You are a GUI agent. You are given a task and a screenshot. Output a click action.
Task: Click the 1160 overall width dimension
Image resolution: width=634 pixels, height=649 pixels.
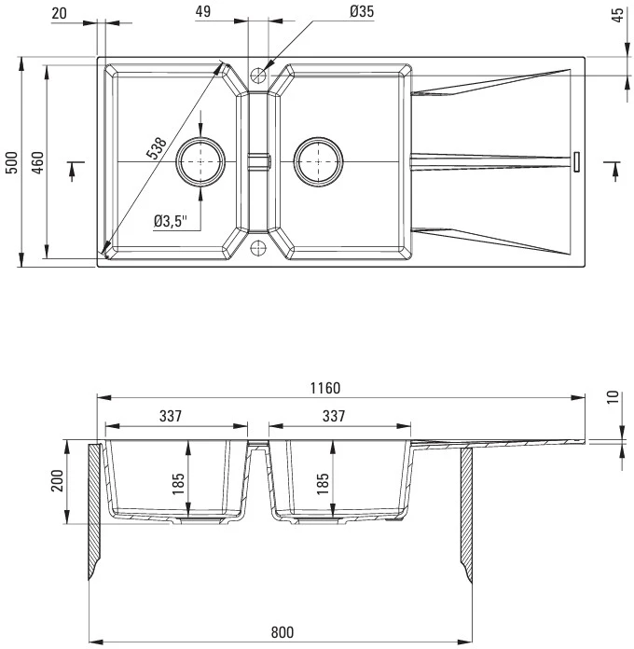[x=325, y=388]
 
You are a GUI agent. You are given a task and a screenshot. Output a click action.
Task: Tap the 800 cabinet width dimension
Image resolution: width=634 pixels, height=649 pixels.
[x=283, y=632]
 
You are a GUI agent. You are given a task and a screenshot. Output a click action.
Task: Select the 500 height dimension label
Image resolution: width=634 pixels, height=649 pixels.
[x=12, y=162]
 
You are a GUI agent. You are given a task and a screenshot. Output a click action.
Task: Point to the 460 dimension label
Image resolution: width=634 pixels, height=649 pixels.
[x=37, y=162]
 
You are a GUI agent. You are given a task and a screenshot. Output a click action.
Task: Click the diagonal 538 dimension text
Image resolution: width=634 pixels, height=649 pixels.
[x=157, y=147]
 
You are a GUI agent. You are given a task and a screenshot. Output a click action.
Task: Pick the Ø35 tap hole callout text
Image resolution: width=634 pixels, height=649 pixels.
[x=362, y=11]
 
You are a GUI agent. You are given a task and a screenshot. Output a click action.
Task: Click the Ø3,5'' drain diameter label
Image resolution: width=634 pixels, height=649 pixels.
[x=171, y=221]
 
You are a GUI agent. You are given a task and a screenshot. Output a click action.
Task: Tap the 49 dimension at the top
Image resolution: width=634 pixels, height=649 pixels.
[x=202, y=11]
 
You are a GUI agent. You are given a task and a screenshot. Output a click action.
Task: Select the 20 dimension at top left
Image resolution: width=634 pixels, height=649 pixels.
[x=59, y=13]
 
